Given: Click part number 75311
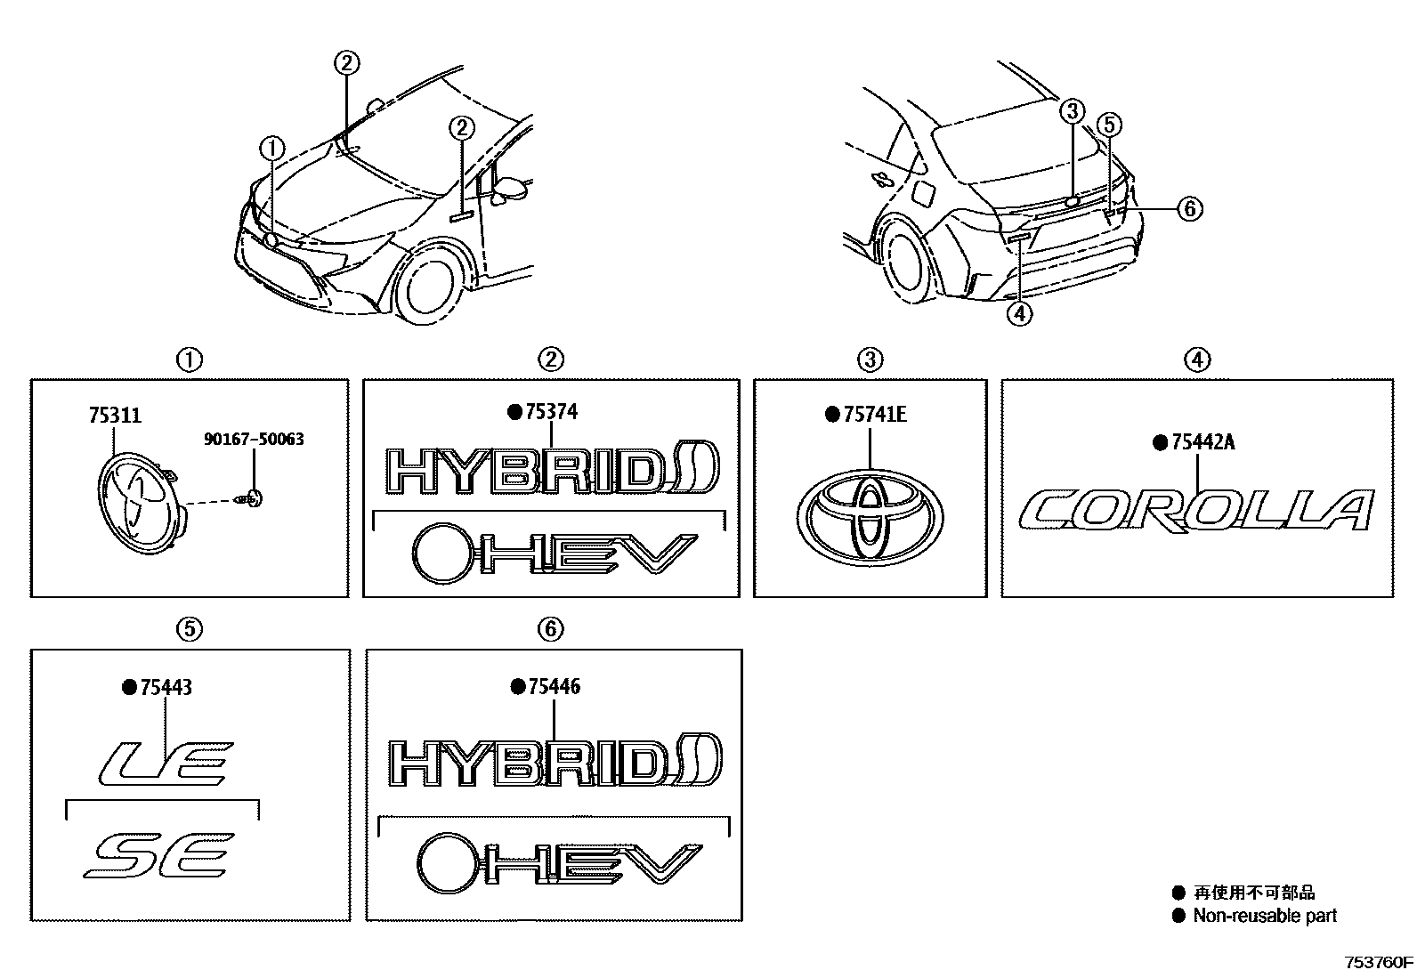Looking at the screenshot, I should [x=115, y=416].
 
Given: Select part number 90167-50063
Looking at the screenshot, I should [x=254, y=439].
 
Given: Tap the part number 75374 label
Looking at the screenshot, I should [x=551, y=412].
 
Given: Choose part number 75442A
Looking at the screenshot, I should [x=1200, y=442].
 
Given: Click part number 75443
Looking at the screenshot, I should [x=165, y=687].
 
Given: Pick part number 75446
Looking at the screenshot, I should [x=553, y=686].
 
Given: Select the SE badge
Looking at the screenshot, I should [x=160, y=855].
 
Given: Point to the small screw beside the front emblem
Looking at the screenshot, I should [x=253, y=500].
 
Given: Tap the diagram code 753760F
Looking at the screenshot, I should [x=1378, y=962].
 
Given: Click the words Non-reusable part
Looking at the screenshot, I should [x=1264, y=916].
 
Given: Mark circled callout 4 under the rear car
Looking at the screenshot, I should [x=1019, y=313].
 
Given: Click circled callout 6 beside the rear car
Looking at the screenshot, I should [x=1189, y=208].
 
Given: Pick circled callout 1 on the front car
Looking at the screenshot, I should [x=272, y=148].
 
